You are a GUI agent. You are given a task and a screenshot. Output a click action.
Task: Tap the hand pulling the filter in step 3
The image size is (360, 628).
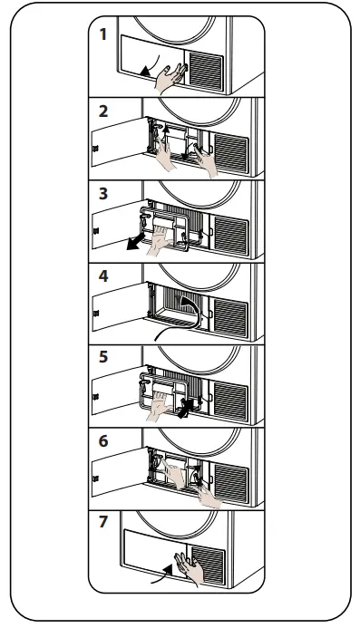click(160, 239)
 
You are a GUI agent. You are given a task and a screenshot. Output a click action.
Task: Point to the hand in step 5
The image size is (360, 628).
click(161, 406)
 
